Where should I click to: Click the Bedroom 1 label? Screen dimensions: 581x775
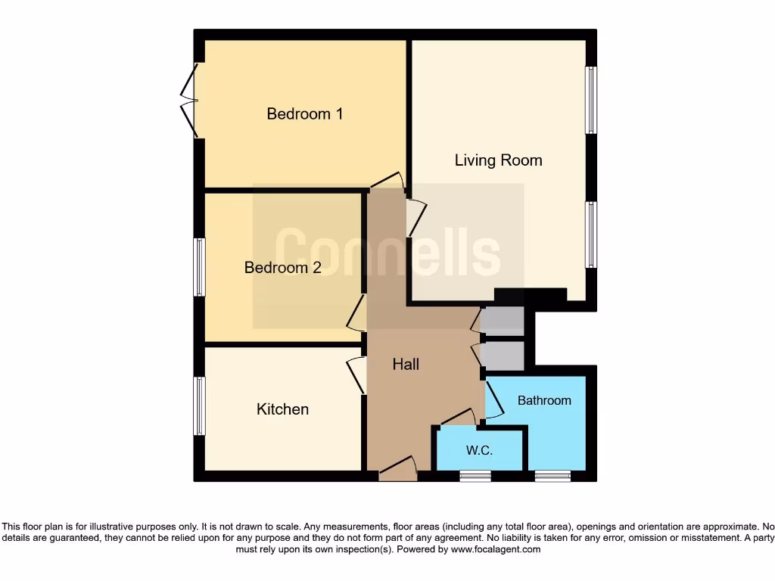click(305, 114)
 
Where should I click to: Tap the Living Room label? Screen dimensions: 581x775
click(498, 160)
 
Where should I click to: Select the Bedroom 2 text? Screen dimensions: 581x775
click(282, 268)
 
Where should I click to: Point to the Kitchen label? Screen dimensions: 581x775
click(283, 409)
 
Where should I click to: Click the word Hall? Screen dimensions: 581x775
click(406, 365)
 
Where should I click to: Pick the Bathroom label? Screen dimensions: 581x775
click(544, 400)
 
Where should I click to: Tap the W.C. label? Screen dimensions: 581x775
click(479, 451)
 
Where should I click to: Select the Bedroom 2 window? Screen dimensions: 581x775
click(199, 267)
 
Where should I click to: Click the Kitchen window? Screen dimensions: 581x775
click(199, 405)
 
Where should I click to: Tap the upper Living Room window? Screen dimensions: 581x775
click(591, 101)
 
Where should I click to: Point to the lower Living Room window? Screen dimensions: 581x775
click(591, 235)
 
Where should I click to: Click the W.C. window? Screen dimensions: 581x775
click(475, 476)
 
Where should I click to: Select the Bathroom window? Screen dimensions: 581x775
click(552, 476)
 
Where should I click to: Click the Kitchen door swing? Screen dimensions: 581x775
click(356, 375)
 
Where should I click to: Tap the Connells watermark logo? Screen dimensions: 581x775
click(387, 252)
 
